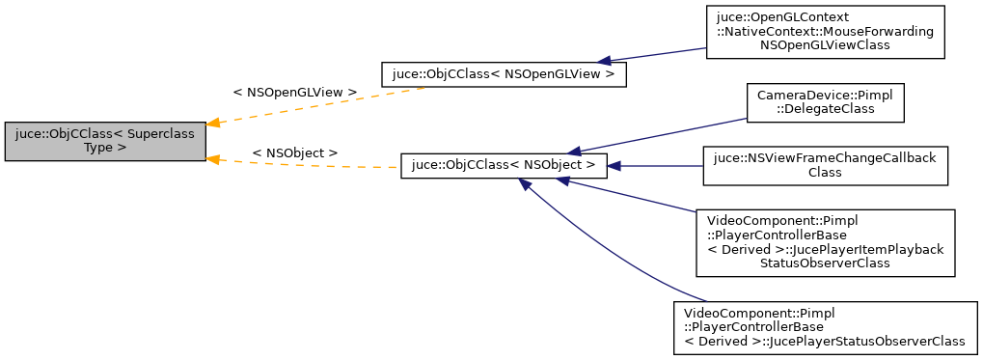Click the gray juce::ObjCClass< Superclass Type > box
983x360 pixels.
[105, 141]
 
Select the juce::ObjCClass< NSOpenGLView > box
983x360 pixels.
[504, 74]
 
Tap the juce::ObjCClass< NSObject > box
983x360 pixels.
[504, 166]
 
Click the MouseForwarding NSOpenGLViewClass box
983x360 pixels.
[825, 32]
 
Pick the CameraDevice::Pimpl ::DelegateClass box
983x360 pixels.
[825, 102]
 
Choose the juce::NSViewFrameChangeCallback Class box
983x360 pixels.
[825, 166]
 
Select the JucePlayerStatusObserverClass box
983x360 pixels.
[825, 328]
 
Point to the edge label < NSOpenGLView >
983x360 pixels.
[295, 93]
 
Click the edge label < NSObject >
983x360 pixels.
[295, 153]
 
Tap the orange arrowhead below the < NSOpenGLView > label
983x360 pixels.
[216, 123]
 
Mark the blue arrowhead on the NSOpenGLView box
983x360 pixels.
[606, 60]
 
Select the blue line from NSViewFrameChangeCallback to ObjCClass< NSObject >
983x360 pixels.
[661, 166]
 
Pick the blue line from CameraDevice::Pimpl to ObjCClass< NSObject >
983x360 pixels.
[666, 135]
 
